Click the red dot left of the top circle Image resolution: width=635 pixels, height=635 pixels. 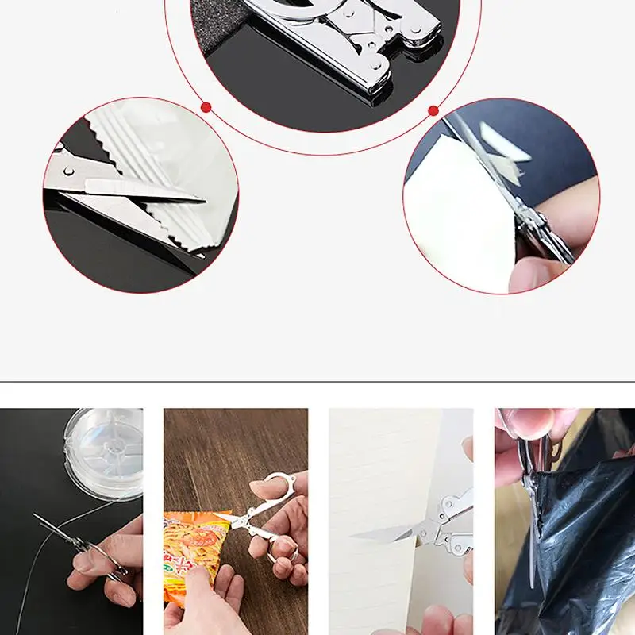(206, 106)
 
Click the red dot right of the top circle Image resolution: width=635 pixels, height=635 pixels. (433, 110)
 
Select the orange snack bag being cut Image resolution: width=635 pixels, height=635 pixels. (191, 548)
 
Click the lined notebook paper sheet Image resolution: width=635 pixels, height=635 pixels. (381, 476)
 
